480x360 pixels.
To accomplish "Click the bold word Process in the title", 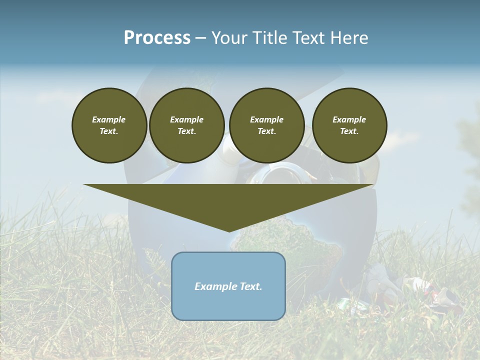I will [x=157, y=37].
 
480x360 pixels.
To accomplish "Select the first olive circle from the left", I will [x=109, y=125].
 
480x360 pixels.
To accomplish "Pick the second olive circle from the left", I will [x=187, y=125].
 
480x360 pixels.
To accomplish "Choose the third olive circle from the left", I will [x=266, y=125].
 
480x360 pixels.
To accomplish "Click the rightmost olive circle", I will [x=349, y=125].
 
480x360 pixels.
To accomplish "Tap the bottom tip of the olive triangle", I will [x=229, y=231].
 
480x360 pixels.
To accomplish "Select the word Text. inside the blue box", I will [x=251, y=286].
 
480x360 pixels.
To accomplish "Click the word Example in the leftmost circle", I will [x=109, y=119].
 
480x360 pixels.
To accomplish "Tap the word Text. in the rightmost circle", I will [x=349, y=131].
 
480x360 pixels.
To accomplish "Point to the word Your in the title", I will [x=228, y=37].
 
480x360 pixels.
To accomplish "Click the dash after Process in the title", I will [x=201, y=38].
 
